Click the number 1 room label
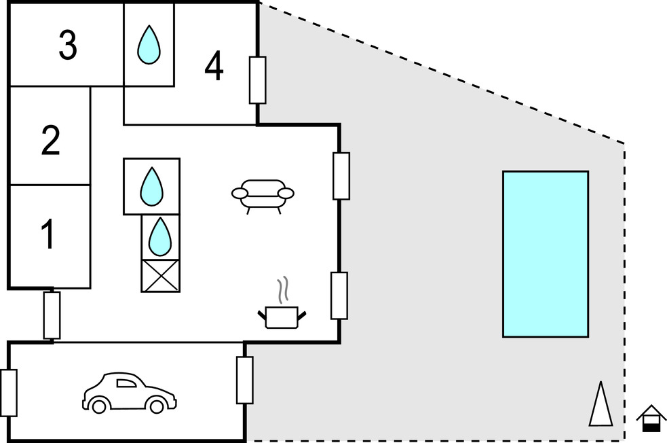(47, 235)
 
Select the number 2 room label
(50, 141)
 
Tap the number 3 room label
(67, 46)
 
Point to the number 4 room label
(214, 67)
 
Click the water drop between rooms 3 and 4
(149, 44)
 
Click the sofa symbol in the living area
(263, 194)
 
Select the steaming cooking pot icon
(282, 315)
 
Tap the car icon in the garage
(129, 393)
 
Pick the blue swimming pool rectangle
(545, 254)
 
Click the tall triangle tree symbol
(601, 404)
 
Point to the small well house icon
(651, 418)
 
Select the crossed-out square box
(161, 275)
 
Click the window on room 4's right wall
(257, 80)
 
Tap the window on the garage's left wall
(9, 393)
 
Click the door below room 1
(52, 315)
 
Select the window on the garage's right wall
(244, 380)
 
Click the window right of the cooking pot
(339, 296)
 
